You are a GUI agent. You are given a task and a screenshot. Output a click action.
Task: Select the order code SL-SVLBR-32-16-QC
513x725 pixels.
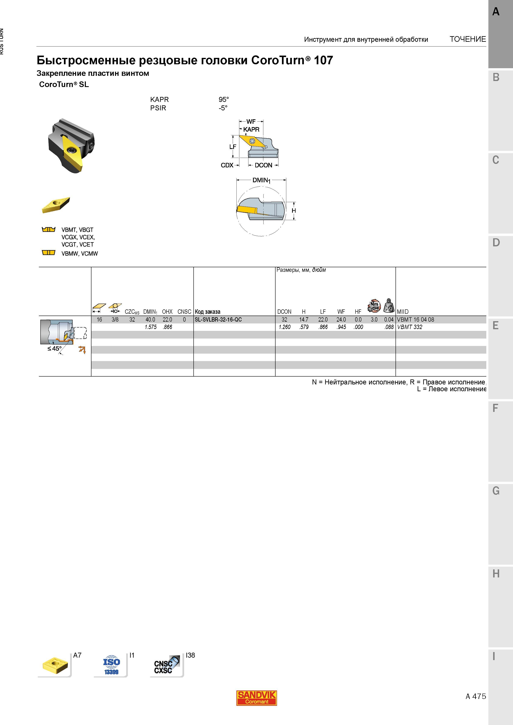tap(218, 320)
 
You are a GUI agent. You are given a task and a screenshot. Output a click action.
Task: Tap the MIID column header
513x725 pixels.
tap(403, 312)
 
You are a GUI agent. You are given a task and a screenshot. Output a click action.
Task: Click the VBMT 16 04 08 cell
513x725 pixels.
tap(415, 320)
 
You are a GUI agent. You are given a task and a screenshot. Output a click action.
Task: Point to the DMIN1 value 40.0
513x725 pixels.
tap(150, 320)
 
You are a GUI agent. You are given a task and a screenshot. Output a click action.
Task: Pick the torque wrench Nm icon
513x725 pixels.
tap(374, 305)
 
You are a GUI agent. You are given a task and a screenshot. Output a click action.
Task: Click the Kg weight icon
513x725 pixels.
tap(389, 305)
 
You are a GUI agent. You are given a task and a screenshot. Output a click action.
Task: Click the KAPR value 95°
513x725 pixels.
tap(223, 99)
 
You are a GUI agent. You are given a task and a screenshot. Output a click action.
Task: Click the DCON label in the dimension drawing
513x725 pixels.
tap(263, 165)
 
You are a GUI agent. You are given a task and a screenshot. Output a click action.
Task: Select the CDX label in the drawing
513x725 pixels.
tap(227, 165)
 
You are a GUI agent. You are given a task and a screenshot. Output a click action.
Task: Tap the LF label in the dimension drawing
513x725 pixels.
tap(233, 147)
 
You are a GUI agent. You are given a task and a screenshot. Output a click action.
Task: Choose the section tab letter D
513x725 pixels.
tap(496, 242)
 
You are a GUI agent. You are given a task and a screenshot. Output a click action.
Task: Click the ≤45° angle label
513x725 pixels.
tap(54, 349)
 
